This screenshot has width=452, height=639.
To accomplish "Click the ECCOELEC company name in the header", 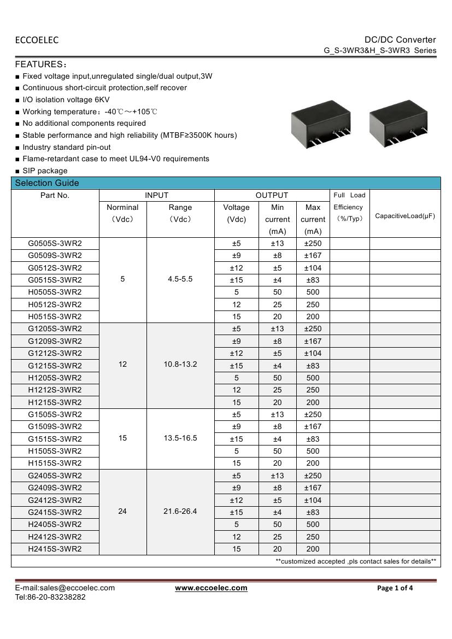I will [37, 40].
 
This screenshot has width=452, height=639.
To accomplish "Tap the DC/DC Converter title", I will [400, 39].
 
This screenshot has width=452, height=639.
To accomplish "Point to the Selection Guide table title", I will [47, 183].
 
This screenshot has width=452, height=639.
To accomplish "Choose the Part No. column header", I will [55, 195].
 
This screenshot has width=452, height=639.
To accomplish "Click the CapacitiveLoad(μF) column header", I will [405, 216].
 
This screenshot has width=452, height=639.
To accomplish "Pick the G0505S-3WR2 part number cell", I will [55, 243].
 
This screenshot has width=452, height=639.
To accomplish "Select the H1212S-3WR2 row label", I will [55, 390].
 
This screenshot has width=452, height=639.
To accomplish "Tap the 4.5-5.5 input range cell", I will [180, 279].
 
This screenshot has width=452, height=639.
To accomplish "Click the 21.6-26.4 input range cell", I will [180, 512].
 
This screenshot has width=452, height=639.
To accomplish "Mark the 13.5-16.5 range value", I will [180, 438].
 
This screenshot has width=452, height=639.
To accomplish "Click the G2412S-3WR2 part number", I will [55, 500].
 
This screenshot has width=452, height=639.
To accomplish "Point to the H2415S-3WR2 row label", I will [55, 549].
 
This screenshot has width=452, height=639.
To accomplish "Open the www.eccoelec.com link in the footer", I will [211, 588].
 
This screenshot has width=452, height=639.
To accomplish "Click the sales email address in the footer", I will [65, 588].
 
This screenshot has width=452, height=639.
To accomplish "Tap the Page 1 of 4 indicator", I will [395, 588].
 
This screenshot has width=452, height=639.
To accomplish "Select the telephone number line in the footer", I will [50, 597].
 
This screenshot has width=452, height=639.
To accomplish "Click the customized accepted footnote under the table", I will [356, 561].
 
